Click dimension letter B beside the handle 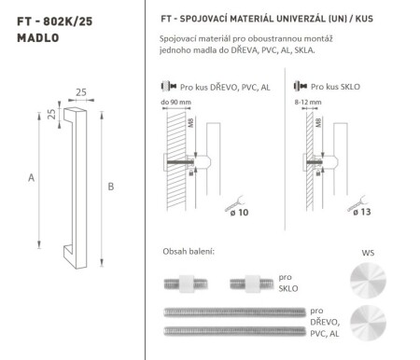(x=110, y=187)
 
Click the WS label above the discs (x=366, y=252)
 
